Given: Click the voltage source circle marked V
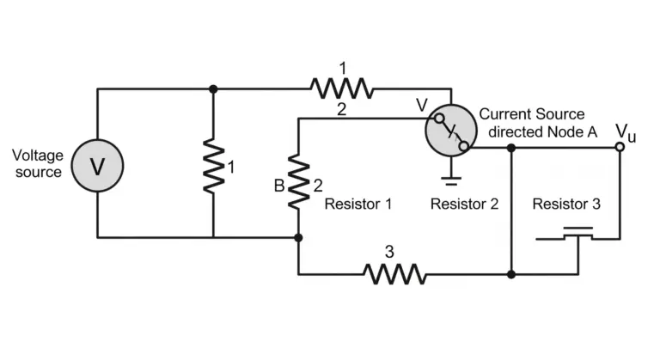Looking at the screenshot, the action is coord(97,166).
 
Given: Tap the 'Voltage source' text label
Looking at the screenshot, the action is coord(38,164).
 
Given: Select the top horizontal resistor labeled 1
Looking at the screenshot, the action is coord(342,88).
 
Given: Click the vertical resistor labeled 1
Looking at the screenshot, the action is coord(213,166).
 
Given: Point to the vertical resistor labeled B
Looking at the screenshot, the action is coord(298,181).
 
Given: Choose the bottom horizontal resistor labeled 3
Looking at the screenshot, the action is coord(394,274).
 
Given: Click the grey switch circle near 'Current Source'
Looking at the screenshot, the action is coord(451,131).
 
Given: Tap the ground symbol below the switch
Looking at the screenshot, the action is coord(451,181).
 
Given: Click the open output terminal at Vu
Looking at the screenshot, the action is coord(620,147).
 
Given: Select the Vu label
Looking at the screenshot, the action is coord(626,132).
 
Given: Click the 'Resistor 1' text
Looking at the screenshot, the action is coord(358,204).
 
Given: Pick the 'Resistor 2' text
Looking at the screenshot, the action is coord(464,204).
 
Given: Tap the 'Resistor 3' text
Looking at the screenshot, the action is coord(566,204).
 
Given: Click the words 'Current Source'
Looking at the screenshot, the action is coord(532,114).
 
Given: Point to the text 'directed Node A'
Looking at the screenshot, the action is coord(542,132).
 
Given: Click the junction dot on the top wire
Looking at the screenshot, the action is coord(213,88).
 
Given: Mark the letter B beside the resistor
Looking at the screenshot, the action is coord(279,186).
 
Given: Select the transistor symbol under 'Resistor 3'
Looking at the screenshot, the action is coord(577,244).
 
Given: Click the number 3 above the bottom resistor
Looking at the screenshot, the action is coord(389,252).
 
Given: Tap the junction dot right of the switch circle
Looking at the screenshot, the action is coord(511,148).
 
